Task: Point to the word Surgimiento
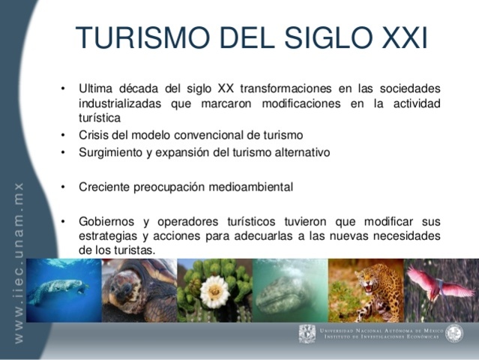pyautogui.click(x=111, y=151)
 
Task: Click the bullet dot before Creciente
pyautogui.click(x=64, y=186)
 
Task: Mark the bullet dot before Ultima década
pyautogui.click(x=64, y=89)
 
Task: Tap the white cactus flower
pyautogui.click(x=214, y=292)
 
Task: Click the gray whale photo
pyautogui.click(x=289, y=290)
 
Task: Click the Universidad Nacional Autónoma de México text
pyautogui.click(x=382, y=330)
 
